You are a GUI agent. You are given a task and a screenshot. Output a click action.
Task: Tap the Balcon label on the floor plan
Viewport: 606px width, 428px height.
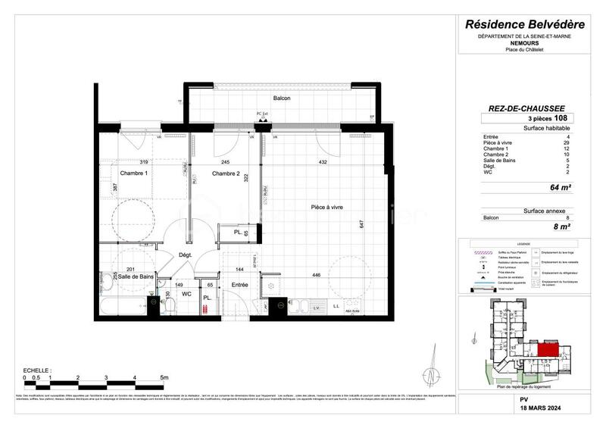point(282,98)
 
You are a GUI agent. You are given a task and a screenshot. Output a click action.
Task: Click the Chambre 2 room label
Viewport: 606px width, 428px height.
point(226,173)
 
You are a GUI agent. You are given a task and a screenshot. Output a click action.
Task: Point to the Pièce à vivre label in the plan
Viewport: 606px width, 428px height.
point(326,207)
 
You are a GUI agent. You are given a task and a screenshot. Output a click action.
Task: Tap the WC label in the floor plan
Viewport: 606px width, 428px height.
point(184,293)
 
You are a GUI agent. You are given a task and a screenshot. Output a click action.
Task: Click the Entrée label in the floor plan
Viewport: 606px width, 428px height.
point(240,284)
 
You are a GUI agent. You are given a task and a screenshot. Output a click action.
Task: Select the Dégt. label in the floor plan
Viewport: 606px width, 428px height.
point(186,257)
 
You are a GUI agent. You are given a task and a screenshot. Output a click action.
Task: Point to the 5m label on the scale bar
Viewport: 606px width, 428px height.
point(164,376)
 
